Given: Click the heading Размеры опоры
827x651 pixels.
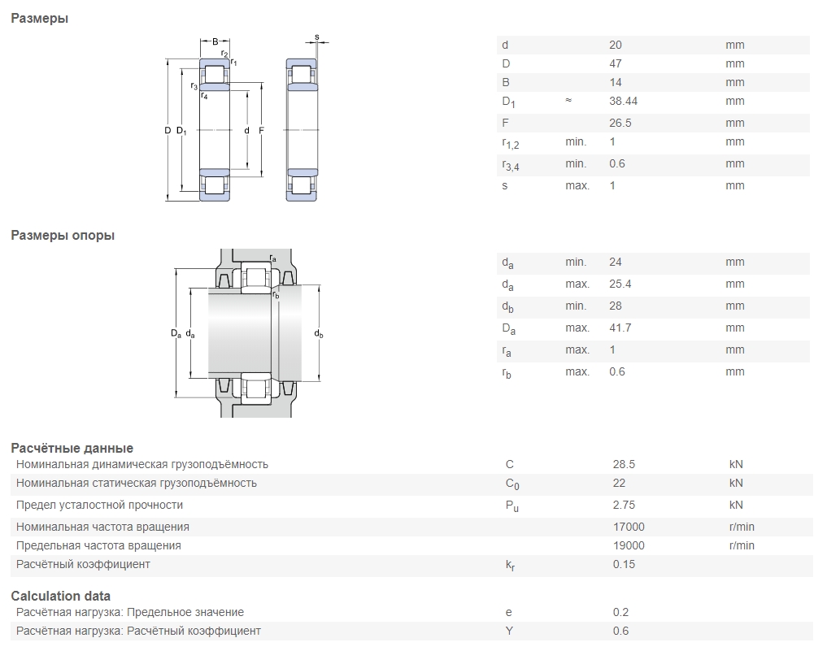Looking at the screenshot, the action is pyautogui.click(x=63, y=235).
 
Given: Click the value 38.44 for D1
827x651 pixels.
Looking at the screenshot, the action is pyautogui.click(x=623, y=101).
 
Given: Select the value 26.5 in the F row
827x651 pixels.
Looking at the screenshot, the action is pyautogui.click(x=620, y=123).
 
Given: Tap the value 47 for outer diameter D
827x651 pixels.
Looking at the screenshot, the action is pyautogui.click(x=615, y=63).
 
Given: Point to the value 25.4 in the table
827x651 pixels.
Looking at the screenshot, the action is pyautogui.click(x=620, y=284).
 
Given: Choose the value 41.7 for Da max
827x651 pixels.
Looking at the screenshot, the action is pyautogui.click(x=620, y=328).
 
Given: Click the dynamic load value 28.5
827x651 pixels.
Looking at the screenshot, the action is pyautogui.click(x=624, y=464).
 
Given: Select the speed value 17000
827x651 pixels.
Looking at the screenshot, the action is pyautogui.click(x=629, y=527).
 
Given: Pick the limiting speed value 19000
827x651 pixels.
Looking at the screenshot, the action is pyautogui.click(x=629, y=545).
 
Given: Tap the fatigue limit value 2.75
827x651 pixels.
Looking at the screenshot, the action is pyautogui.click(x=624, y=505).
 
